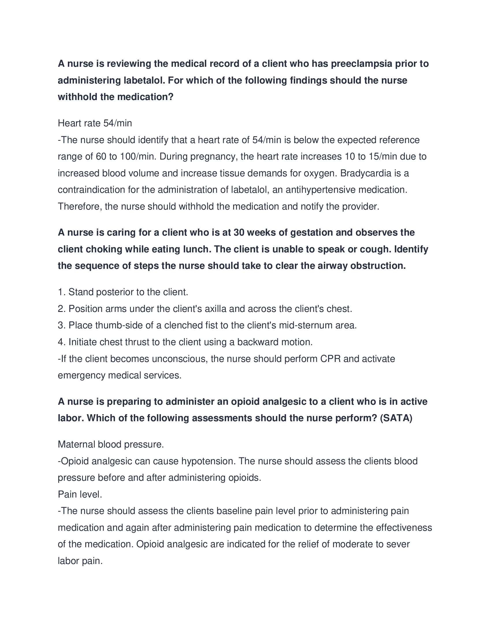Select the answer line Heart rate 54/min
point(95,123)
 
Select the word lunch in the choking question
point(195,249)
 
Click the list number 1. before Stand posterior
point(62,292)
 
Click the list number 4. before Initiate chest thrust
point(62,342)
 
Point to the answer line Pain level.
point(80,494)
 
